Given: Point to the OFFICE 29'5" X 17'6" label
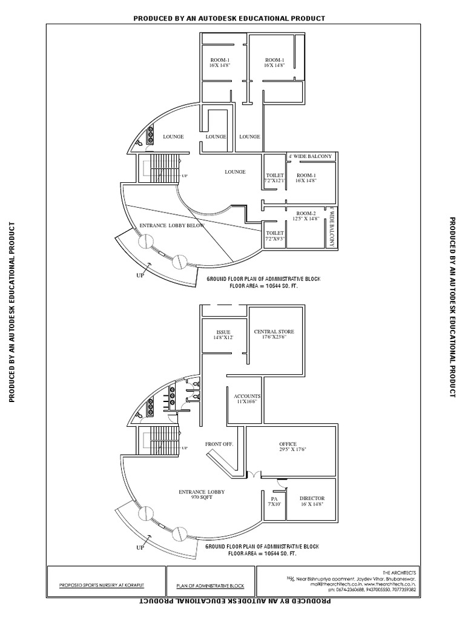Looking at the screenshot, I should (x=292, y=446).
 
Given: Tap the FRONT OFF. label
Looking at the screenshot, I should (x=219, y=444).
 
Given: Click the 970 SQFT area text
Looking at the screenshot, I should (x=199, y=496).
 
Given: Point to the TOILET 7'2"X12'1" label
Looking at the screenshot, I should (x=275, y=178).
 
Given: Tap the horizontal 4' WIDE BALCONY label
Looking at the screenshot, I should (x=310, y=157).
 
